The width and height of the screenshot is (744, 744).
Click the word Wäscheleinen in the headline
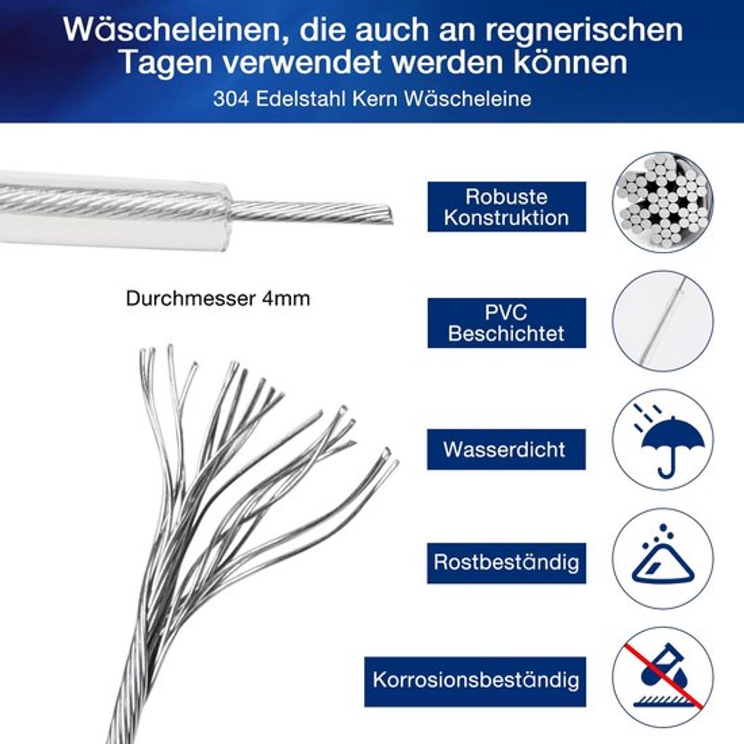172,30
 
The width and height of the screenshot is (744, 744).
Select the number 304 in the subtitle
231,99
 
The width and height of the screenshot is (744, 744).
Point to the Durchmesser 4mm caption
218,299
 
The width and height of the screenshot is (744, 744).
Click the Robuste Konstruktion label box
507,207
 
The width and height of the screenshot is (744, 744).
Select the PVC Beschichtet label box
507,323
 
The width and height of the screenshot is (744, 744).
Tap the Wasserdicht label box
506,449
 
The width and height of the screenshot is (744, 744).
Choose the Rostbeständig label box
506,562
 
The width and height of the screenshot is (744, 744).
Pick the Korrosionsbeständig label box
476,680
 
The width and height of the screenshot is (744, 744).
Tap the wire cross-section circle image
663,202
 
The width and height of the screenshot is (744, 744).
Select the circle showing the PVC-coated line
663,321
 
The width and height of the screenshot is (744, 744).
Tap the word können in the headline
570,63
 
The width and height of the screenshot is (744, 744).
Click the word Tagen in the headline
167,64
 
